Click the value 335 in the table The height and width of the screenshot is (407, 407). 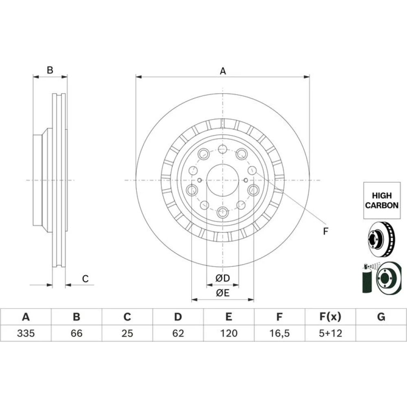(x=26, y=333)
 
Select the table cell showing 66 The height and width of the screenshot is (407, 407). (x=77, y=333)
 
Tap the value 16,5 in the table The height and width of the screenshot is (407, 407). (x=279, y=333)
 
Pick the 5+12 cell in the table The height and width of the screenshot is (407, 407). (x=330, y=333)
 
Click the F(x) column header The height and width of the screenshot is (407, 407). (x=330, y=317)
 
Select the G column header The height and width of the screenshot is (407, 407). (x=381, y=317)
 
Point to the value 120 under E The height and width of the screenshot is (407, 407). (x=229, y=333)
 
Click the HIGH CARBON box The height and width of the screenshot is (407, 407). (x=382, y=200)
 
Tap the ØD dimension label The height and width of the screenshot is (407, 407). (x=223, y=278)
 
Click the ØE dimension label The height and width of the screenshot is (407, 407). (x=223, y=293)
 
